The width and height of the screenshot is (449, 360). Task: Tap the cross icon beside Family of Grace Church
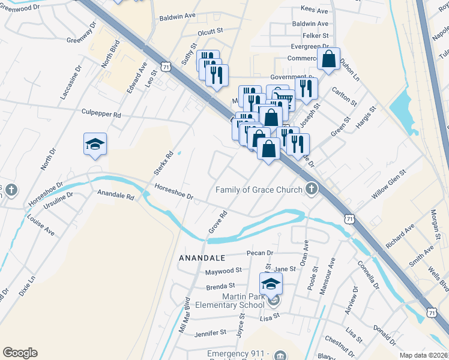311,190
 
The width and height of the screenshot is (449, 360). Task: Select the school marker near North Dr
95,145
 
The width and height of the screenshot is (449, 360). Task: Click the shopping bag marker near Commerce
328,59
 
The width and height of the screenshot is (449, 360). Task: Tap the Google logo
20,353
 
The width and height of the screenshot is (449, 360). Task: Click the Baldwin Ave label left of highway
178,19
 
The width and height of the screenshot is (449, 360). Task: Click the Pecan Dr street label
259,253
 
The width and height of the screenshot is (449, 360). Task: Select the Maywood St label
223,271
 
